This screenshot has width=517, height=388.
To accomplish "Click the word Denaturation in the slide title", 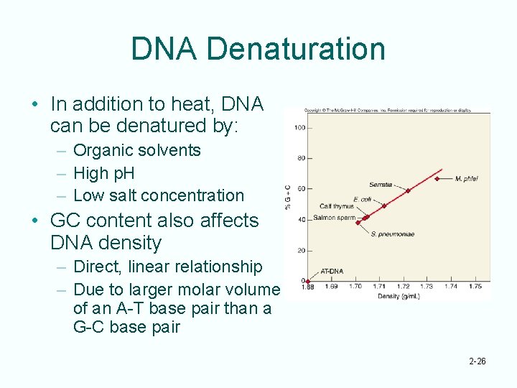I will (x=295, y=49).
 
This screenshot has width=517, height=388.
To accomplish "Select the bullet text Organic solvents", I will (x=136, y=150).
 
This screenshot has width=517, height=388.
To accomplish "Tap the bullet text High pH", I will (x=103, y=173).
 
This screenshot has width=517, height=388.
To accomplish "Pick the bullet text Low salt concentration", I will (x=158, y=195).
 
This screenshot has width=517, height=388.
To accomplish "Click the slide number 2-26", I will (x=476, y=361).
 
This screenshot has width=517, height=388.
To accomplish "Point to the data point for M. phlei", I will (x=437, y=178).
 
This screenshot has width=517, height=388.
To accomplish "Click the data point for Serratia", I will (x=408, y=190).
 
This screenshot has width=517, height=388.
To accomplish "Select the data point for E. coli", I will (x=384, y=205).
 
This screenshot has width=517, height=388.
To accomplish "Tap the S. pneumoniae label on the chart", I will (x=393, y=234).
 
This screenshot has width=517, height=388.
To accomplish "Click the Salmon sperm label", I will (x=334, y=218).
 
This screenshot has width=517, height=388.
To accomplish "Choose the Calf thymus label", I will (x=336, y=207).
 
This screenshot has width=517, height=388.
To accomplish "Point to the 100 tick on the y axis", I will (x=299, y=128).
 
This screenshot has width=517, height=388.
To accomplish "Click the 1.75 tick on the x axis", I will (x=475, y=287).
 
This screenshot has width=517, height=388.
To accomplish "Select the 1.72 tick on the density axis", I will (x=404, y=287).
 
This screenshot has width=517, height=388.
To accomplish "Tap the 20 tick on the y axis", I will (x=301, y=251).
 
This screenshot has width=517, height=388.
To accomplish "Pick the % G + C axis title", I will (x=289, y=195).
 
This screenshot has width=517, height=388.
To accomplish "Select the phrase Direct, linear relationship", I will (x=167, y=267).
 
